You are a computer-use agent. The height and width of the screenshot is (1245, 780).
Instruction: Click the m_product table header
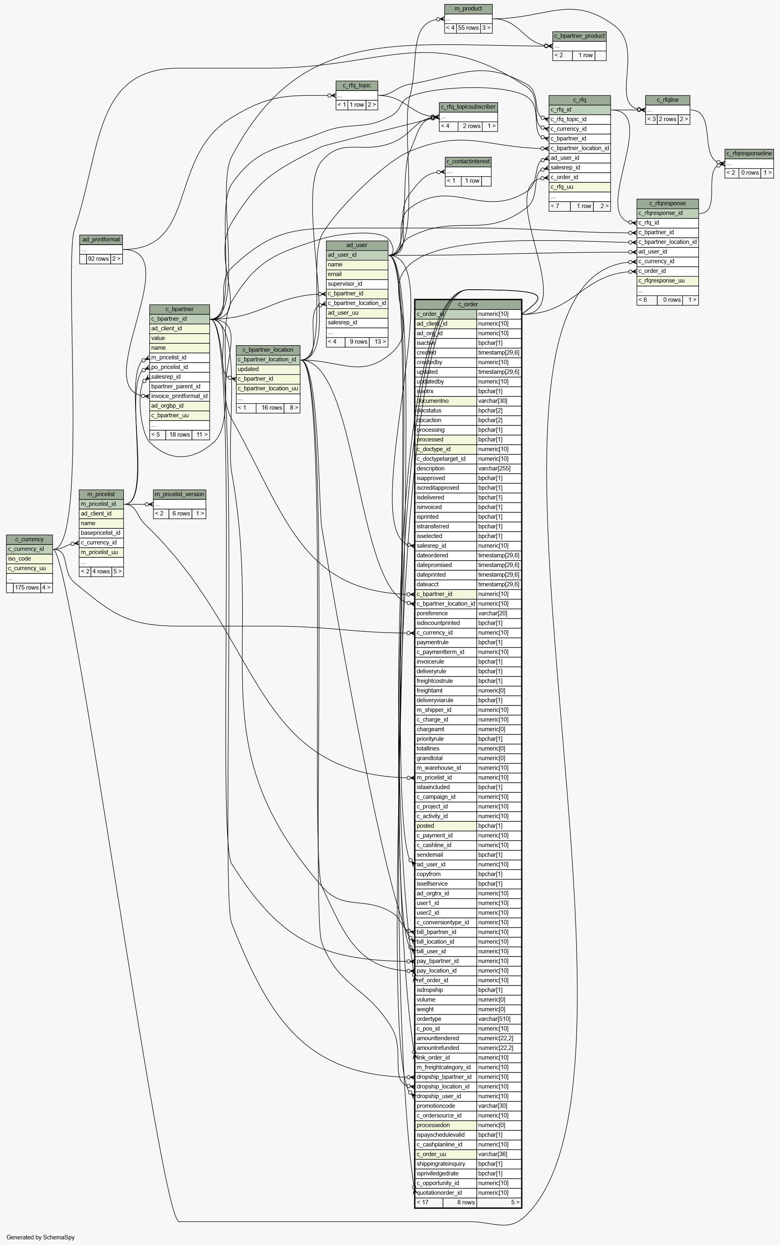pyautogui.click(x=468, y=9)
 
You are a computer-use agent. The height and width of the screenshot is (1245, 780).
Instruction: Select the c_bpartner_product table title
pyautogui.click(x=579, y=36)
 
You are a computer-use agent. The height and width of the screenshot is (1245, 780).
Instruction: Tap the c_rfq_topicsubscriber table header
pyautogui.click(x=468, y=107)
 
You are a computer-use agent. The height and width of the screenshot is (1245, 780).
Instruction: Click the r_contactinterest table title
pyautogui.click(x=468, y=161)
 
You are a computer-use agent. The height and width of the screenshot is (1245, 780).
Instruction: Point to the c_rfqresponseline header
pyautogui.click(x=749, y=153)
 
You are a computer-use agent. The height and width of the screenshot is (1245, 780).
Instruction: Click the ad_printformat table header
pyautogui.click(x=101, y=239)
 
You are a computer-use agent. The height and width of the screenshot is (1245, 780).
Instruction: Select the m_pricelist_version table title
pyautogui.click(x=179, y=494)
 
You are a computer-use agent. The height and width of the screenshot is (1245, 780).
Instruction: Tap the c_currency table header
pyautogui.click(x=29, y=539)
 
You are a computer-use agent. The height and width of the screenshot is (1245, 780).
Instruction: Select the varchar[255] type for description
pyautogui.click(x=499, y=468)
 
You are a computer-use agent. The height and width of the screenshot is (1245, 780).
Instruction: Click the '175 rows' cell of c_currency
pyautogui.click(x=27, y=587)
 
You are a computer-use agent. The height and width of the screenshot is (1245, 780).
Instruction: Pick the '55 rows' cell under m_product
pyautogui.click(x=468, y=28)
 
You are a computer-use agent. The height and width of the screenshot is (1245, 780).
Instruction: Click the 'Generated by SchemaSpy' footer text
pyautogui.click(x=41, y=1237)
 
